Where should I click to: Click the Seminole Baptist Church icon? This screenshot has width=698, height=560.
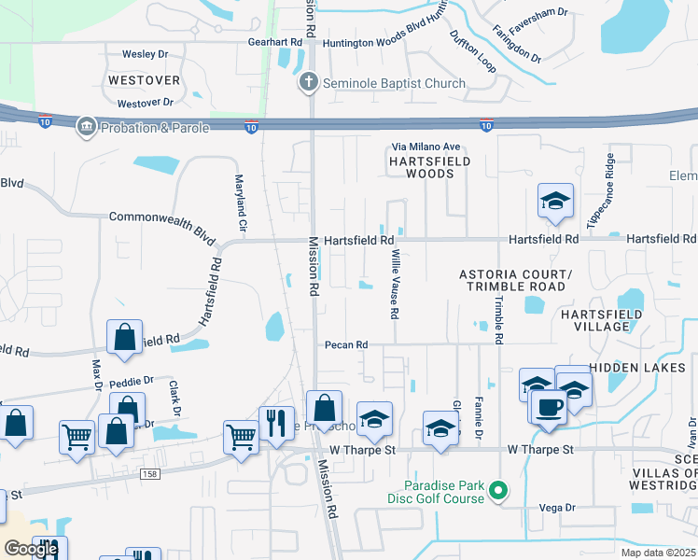point(309,83)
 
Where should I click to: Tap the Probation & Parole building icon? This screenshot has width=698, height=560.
point(87,125)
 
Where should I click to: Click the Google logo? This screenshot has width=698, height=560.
point(31,549)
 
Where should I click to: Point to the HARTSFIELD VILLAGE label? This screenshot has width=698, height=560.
point(602,320)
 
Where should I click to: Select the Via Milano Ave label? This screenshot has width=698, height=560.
point(426,147)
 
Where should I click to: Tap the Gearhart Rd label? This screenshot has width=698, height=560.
point(275,43)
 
